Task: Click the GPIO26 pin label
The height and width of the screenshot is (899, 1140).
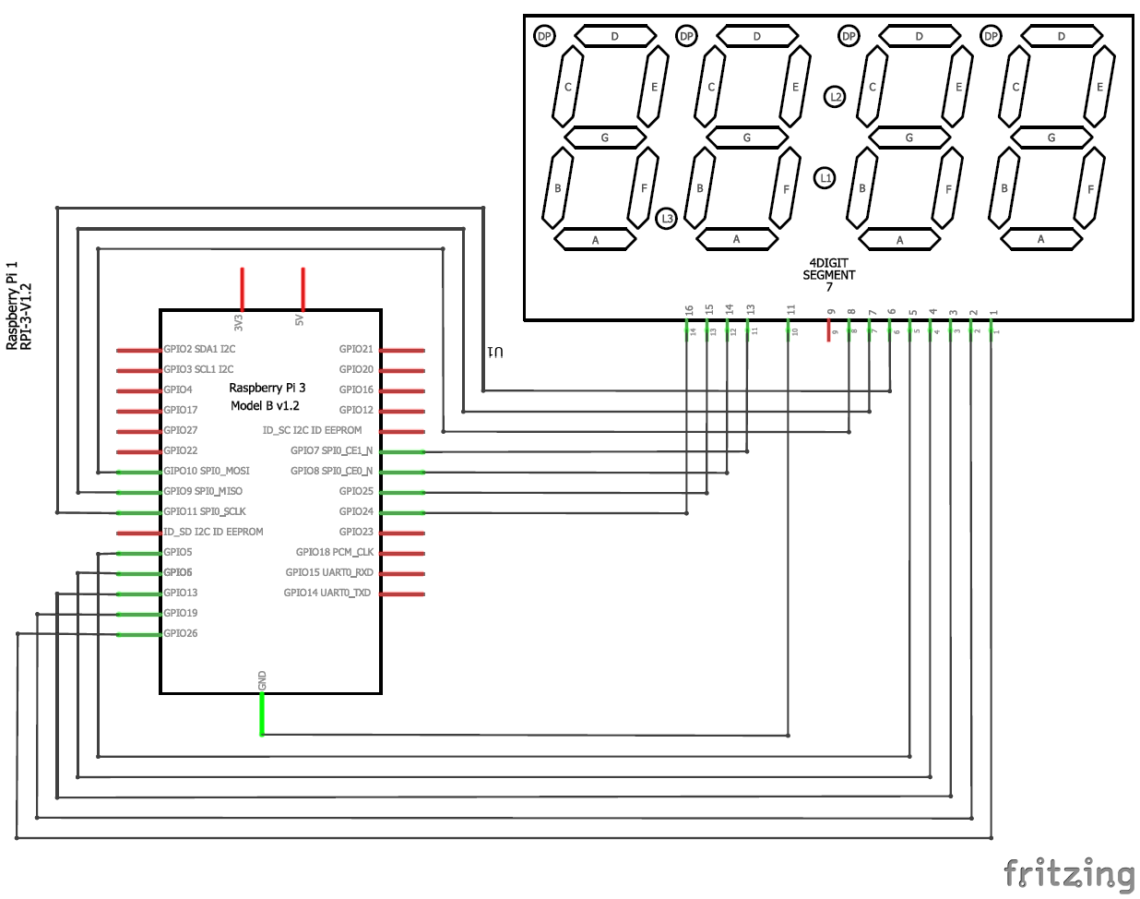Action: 180,633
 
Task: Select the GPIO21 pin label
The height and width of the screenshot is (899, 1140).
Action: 356,349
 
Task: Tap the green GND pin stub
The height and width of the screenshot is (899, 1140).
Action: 262,715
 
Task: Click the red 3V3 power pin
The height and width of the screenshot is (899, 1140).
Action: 243,289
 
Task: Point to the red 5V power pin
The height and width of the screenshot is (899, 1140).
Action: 303,289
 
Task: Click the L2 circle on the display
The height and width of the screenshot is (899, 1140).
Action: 835,96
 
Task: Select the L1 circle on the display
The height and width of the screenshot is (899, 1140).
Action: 825,177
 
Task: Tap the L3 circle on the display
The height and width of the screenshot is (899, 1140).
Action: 666,219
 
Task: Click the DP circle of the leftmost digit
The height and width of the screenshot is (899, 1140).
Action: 544,36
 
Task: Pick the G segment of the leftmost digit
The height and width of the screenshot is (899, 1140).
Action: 605,138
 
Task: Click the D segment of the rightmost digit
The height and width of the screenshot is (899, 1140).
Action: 1061,36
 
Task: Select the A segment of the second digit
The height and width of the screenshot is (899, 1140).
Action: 736,239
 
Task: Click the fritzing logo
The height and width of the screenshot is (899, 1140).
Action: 1069,873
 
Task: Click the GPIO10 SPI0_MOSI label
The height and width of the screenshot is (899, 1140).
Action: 206,471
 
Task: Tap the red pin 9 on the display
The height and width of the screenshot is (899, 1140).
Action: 829,331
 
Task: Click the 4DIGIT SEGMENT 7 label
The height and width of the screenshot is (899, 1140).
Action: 828,274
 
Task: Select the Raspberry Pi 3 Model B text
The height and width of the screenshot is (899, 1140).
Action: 266,397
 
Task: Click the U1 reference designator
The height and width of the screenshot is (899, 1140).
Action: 495,353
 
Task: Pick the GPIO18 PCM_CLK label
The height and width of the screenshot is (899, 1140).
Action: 334,552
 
